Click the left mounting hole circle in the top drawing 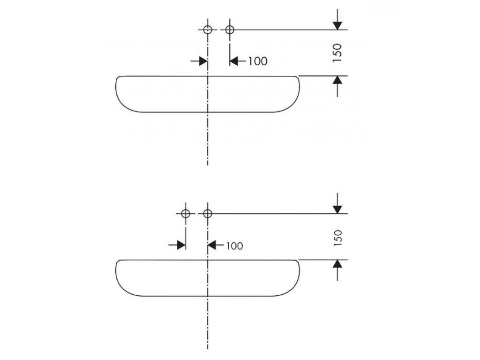(208, 30)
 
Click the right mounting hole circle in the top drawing (229, 30)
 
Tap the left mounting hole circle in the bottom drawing (186, 214)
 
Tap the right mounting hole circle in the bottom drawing (208, 214)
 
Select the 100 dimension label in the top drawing (257, 61)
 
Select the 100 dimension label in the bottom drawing (234, 245)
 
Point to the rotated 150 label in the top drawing (338, 52)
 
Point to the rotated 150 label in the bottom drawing (338, 237)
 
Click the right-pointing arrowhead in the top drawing (203, 61)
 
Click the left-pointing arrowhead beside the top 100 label (234, 61)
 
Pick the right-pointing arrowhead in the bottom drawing (181, 245)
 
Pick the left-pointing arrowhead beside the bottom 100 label (212, 245)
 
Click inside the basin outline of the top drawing (164, 94)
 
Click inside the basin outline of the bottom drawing (164, 277)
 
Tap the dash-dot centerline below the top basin (208, 141)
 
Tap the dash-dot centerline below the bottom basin (208, 323)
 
